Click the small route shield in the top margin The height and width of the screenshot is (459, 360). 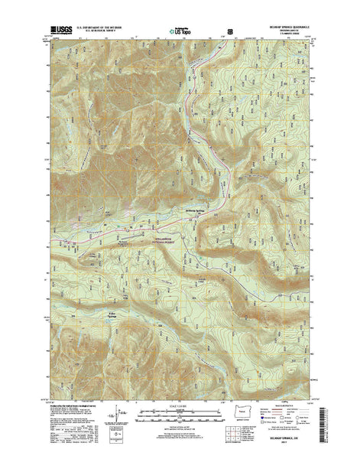point(229,33)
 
